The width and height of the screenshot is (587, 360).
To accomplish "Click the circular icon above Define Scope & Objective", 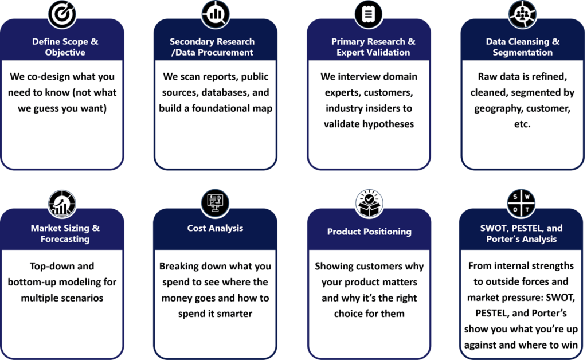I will (x=61, y=13).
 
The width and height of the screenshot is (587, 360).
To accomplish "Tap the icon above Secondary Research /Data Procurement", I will (x=216, y=13).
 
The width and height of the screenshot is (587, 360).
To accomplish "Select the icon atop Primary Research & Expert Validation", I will (x=369, y=13).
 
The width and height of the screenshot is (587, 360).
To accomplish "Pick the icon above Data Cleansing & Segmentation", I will (x=522, y=13).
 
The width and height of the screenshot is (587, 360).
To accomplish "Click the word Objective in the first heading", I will (x=65, y=53).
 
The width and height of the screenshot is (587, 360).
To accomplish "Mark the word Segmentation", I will (x=522, y=53).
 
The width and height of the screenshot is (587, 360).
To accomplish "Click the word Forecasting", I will (x=65, y=239).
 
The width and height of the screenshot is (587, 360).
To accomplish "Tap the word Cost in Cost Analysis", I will (x=197, y=228).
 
